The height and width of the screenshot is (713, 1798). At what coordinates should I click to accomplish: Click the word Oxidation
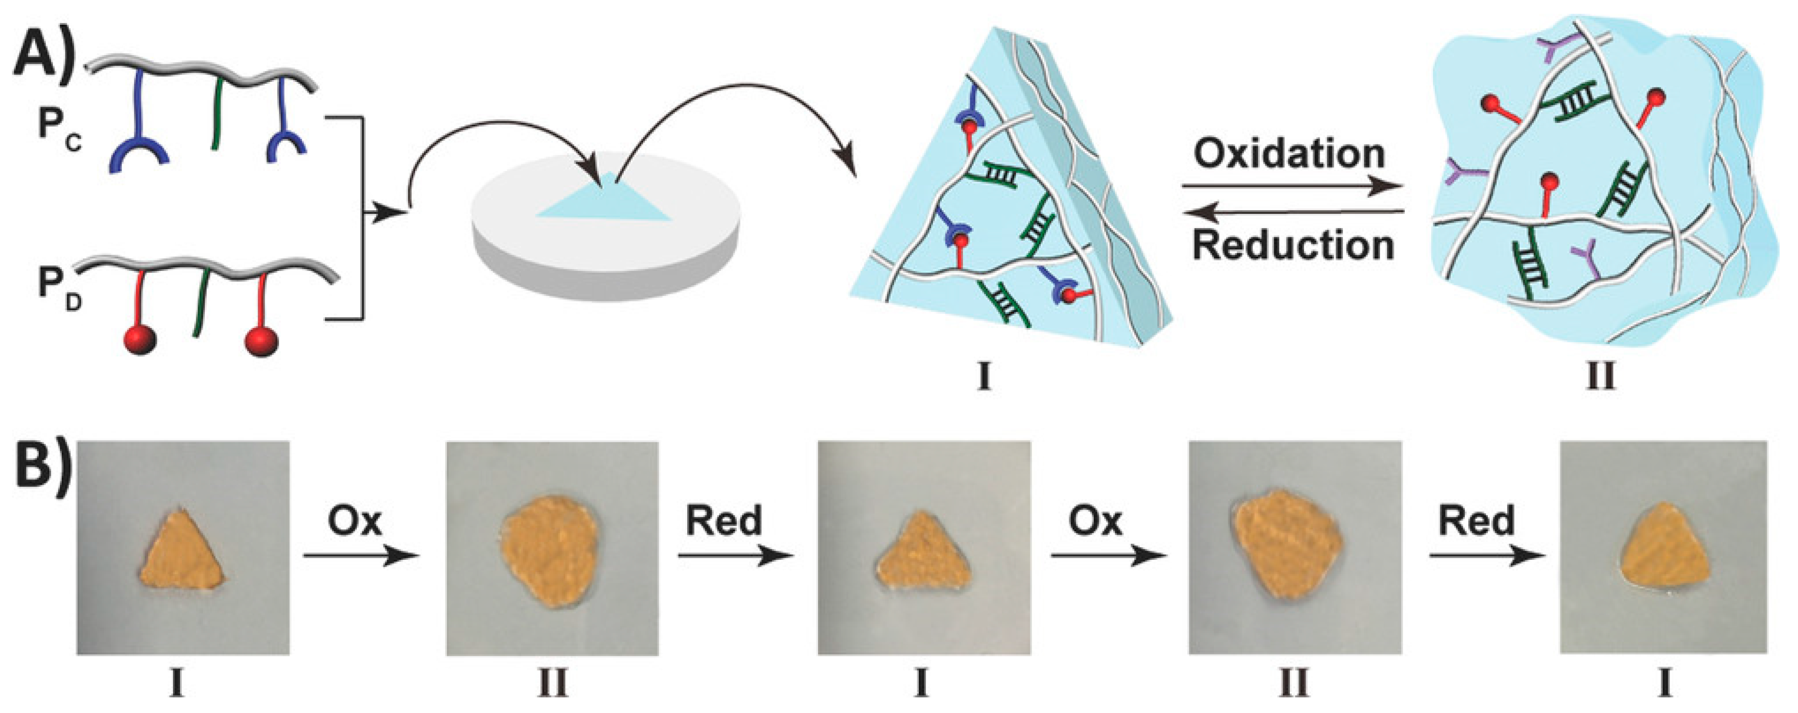tap(1288, 154)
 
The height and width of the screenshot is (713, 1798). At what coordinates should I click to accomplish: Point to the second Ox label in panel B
tap(1096, 521)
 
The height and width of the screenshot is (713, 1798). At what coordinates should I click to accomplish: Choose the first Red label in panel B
tap(724, 521)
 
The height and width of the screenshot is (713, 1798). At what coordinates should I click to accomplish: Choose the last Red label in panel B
tap(1476, 521)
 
